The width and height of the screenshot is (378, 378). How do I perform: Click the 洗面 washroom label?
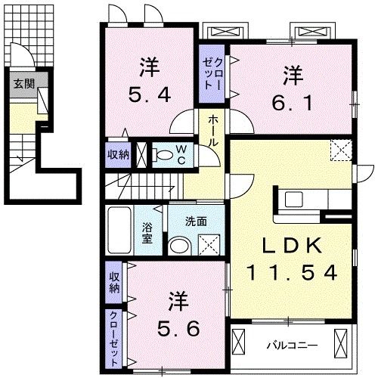point(198,222)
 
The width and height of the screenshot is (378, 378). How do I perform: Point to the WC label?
point(182,154)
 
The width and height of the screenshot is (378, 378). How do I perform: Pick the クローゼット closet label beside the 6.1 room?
point(209,75)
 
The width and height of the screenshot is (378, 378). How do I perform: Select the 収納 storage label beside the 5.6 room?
point(114,281)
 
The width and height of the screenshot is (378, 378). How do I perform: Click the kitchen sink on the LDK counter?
point(293,200)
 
